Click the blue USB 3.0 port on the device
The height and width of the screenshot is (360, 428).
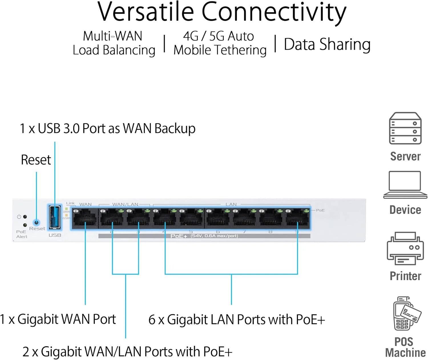[55, 217]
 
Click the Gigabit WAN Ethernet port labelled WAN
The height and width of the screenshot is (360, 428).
[85, 219]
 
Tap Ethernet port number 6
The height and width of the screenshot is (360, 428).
[218, 219]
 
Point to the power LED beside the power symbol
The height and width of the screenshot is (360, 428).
[25, 217]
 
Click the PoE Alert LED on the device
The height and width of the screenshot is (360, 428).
[25, 225]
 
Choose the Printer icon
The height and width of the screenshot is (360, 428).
[405, 249]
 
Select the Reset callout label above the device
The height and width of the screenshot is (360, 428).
[36, 160]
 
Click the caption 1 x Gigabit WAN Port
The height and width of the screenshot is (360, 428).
[58, 319]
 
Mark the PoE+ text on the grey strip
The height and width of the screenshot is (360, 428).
[179, 236]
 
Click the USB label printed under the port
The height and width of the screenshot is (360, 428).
[55, 235]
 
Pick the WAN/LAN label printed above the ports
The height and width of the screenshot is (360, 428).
[125, 204]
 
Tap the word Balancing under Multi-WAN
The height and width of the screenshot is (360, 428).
[129, 50]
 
